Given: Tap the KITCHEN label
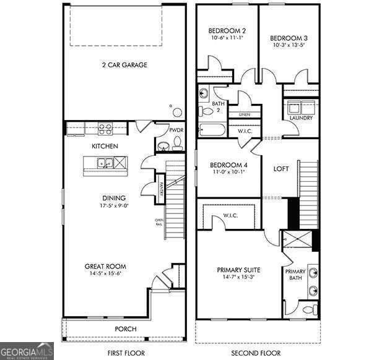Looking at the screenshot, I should (105, 146).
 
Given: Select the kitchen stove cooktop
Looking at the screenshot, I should (105, 129).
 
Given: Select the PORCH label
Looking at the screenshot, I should (126, 328).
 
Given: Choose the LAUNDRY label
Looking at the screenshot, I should (301, 118).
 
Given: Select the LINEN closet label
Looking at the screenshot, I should (244, 115).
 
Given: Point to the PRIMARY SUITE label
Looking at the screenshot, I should (238, 270).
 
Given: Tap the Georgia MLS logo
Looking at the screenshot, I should (27, 350).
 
